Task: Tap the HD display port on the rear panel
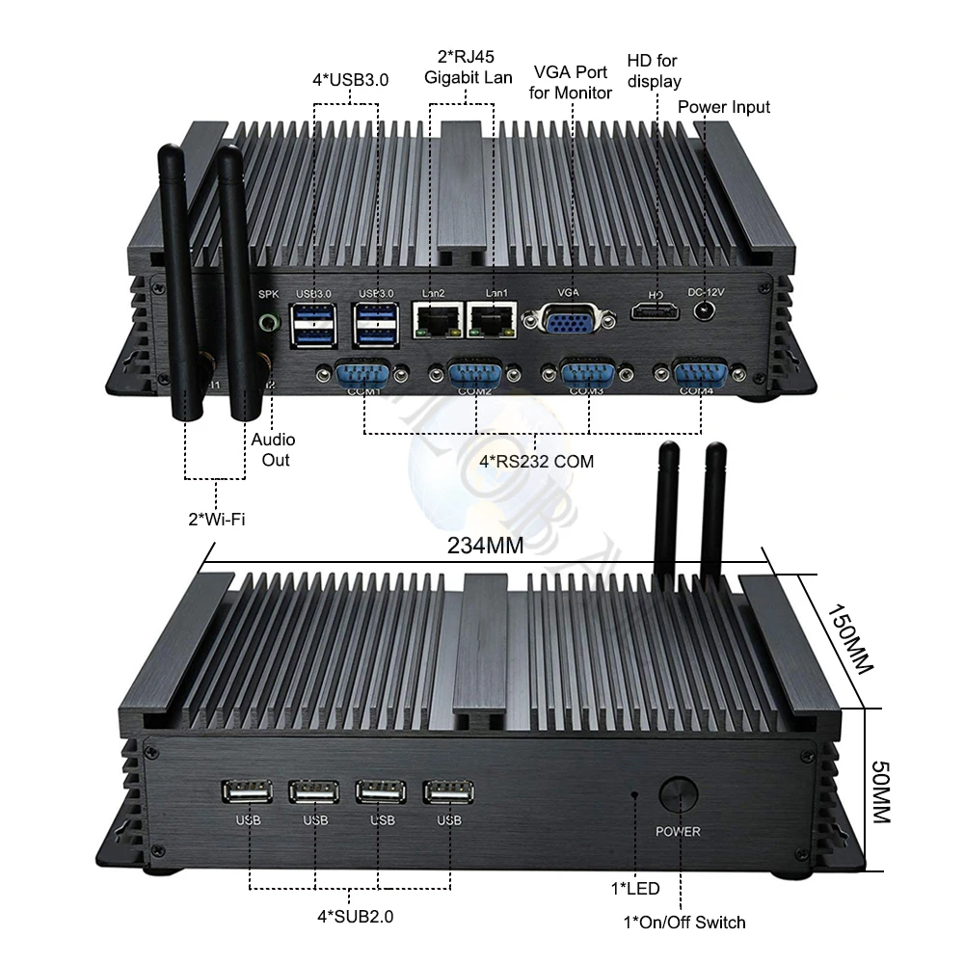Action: click(x=656, y=311)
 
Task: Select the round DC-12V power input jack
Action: click(x=707, y=310)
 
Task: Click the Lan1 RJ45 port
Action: click(x=492, y=319)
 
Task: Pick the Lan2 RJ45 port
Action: click(x=437, y=319)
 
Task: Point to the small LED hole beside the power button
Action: click(x=634, y=794)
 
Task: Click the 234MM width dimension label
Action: click(x=485, y=546)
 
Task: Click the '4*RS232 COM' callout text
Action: click(x=536, y=461)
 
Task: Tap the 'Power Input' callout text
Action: click(x=724, y=107)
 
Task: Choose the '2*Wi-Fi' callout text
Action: click(x=216, y=521)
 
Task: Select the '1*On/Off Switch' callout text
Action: click(x=684, y=923)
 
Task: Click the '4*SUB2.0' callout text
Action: click(x=356, y=917)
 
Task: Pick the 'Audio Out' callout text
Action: click(x=274, y=450)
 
